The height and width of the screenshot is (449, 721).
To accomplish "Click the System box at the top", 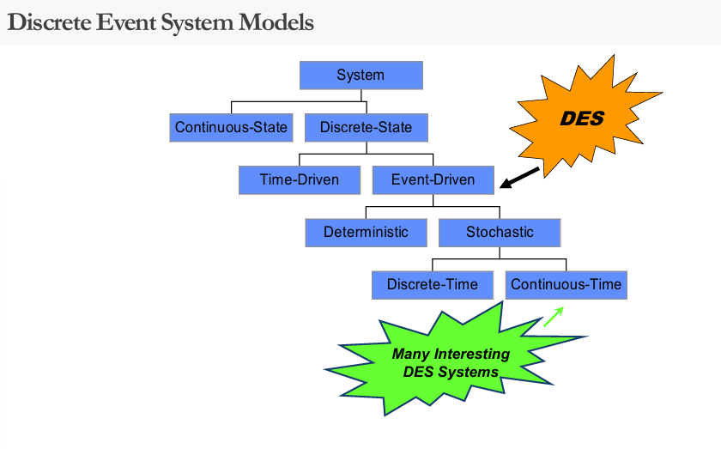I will click(360, 76).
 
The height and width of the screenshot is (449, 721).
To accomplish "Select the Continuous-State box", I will click(231, 128).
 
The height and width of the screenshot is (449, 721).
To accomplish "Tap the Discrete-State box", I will click(366, 128).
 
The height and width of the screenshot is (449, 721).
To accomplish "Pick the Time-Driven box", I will click(299, 180).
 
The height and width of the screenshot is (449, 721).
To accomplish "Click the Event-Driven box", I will click(433, 180).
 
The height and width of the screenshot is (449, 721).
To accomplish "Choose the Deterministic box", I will click(366, 232).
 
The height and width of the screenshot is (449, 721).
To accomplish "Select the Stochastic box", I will click(500, 232).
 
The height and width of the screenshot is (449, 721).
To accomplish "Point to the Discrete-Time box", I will click(433, 285).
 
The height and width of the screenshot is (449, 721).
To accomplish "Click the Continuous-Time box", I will click(566, 285).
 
